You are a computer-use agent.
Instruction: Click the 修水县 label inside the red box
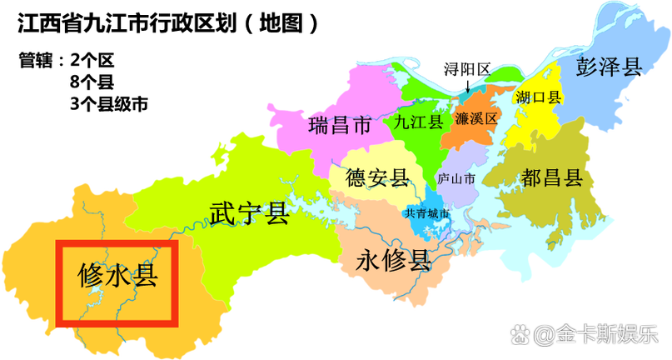coord(117,274)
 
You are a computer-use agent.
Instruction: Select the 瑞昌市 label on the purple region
coord(339,126)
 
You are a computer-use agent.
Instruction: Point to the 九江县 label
coord(418,122)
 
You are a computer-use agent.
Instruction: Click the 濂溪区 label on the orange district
coord(476,118)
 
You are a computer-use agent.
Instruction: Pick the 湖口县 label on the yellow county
coord(539,97)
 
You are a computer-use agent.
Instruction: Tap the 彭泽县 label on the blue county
coord(610,67)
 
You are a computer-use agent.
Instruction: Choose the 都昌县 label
coord(551,177)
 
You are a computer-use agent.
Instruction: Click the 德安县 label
coord(377,177)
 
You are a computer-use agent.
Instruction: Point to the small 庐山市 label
coord(455,179)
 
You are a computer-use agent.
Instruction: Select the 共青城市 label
coord(427,213)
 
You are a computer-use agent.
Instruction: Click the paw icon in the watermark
coord(520,336)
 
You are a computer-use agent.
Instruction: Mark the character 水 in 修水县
coord(117,274)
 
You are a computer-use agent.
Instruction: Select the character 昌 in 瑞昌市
coord(339,126)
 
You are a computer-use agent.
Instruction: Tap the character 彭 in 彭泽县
coord(587,67)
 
